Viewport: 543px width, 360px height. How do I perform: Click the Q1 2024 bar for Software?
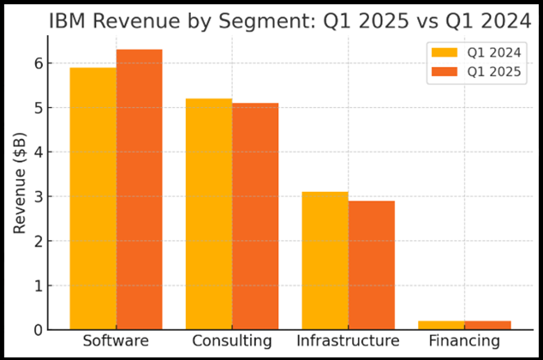tap(93, 199)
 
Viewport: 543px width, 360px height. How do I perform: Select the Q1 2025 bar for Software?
tap(140, 189)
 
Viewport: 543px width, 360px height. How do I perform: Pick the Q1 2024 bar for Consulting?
tap(209, 214)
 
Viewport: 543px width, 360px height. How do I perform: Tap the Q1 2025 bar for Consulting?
tap(255, 216)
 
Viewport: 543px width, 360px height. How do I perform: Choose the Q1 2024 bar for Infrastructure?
tap(325, 261)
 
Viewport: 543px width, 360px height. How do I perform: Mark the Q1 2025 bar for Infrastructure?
tap(371, 265)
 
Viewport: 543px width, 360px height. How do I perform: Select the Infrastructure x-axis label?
tap(348, 341)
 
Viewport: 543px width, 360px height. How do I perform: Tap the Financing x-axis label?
tap(463, 341)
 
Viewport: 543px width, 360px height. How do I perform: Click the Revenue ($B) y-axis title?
tap(19, 183)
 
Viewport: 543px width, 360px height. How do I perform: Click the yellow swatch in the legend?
tap(445, 53)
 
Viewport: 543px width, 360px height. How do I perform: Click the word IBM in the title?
tap(68, 21)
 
